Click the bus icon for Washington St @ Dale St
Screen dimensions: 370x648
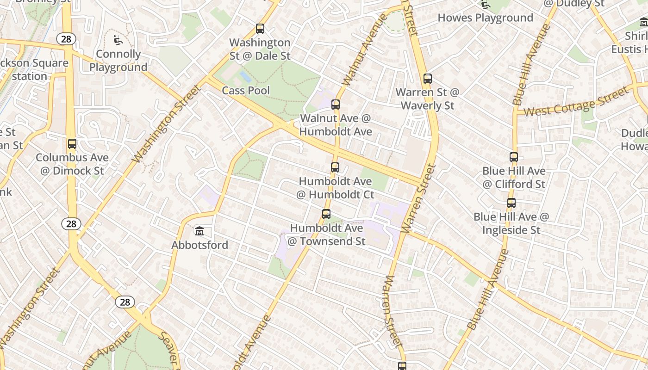pyautogui.click(x=260, y=29)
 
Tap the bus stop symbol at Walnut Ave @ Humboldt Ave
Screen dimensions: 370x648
pyautogui.click(x=336, y=105)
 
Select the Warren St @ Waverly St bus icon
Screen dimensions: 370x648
pyautogui.click(x=428, y=79)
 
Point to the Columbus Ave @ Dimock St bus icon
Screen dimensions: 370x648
pyautogui.click(x=72, y=144)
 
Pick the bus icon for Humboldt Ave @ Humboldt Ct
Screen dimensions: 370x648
pyautogui.click(x=335, y=167)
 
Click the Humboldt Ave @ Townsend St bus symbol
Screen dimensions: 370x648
pyautogui.click(x=326, y=214)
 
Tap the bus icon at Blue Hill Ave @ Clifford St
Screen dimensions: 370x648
pyautogui.click(x=514, y=157)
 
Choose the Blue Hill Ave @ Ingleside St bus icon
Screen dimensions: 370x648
pyautogui.click(x=511, y=203)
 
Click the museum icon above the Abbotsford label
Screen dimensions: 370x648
pyautogui.click(x=199, y=231)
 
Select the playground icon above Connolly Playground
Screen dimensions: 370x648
pyautogui.click(x=118, y=41)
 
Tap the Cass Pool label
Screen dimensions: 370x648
pyautogui.click(x=246, y=90)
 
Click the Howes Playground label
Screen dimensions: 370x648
pyautogui.click(x=485, y=18)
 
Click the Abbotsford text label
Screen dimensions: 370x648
pyautogui.click(x=199, y=245)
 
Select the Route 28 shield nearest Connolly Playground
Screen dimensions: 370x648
pyautogui.click(x=66, y=39)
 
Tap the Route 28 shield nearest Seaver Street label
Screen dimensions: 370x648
pyautogui.click(x=125, y=302)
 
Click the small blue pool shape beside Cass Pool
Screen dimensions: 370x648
pyautogui.click(x=245, y=76)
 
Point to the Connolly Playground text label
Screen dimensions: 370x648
pyautogui.click(x=118, y=61)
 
